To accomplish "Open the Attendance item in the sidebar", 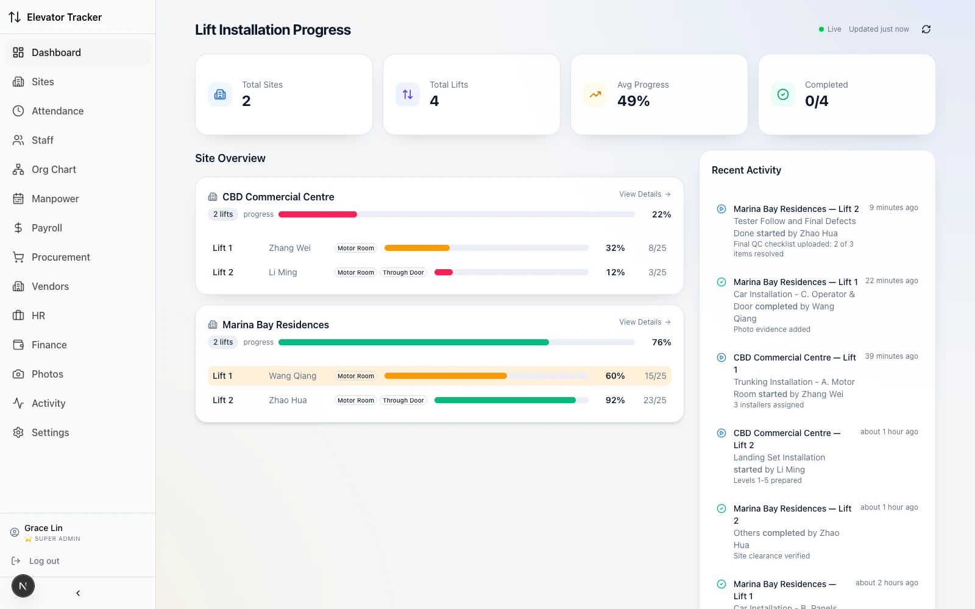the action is pos(57,111).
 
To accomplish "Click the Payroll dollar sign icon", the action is pos(18,228).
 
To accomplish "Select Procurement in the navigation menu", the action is pos(60,257).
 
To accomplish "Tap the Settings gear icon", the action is pos(18,432).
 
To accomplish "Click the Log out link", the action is pos(44,561).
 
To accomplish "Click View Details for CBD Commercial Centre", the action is pos(645,194).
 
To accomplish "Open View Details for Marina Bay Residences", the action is pos(645,322).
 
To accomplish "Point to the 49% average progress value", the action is pos(633,101).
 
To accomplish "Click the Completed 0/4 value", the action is pos(817,101).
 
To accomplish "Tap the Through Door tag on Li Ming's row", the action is pos(403,272).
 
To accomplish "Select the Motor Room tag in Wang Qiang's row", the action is pos(356,376).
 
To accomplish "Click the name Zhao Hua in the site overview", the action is pos(288,400).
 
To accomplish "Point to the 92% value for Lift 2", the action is pos(615,400).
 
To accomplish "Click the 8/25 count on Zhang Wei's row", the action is pos(658,248).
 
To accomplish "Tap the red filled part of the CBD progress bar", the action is pos(317,214).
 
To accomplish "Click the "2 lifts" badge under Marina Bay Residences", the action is pos(223,342).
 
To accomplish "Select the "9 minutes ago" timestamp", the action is pos(893,208).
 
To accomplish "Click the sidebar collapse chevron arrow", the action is pos(78,593).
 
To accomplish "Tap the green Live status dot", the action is pos(821,29).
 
